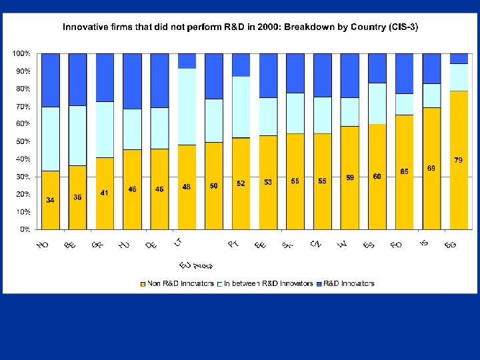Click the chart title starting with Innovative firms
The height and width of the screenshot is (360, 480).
point(240,27)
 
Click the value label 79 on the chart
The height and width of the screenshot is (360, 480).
point(459,160)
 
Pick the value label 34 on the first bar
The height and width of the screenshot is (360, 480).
point(51,199)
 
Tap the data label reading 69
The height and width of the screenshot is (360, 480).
point(431,169)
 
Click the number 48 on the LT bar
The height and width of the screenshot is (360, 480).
point(187,187)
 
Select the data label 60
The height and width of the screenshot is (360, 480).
point(377,176)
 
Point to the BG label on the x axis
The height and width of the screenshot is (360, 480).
point(451,245)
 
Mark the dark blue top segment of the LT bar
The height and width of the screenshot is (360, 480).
point(187,61)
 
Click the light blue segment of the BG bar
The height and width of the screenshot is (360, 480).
point(459,77)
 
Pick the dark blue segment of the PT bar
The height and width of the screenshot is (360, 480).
point(241,65)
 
